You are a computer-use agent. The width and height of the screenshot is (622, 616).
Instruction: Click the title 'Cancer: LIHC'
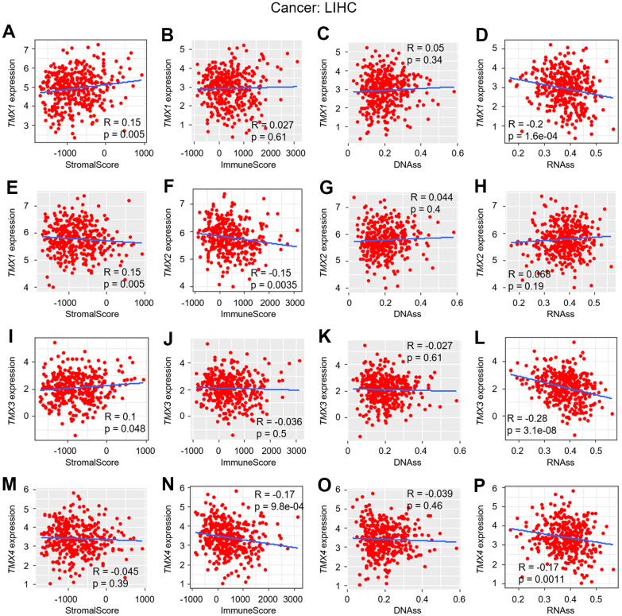pos(311,10)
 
